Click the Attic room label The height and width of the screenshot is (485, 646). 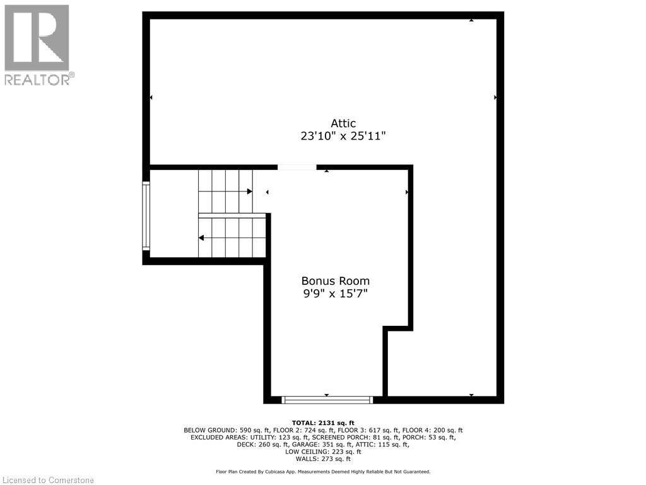343,123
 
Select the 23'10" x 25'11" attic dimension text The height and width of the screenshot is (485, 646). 343,136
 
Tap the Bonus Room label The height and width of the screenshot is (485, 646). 336,281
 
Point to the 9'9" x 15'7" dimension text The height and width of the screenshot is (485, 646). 336,294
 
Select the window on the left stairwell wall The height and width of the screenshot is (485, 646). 146,216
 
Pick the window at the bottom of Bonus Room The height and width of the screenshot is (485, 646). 327,400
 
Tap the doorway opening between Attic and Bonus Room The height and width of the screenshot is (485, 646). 297,167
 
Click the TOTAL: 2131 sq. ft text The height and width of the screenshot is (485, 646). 323,422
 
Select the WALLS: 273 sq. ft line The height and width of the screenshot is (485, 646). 323,459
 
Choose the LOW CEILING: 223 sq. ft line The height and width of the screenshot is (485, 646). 323,452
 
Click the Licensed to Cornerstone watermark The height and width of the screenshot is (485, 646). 48,480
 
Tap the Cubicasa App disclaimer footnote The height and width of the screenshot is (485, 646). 323,472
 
